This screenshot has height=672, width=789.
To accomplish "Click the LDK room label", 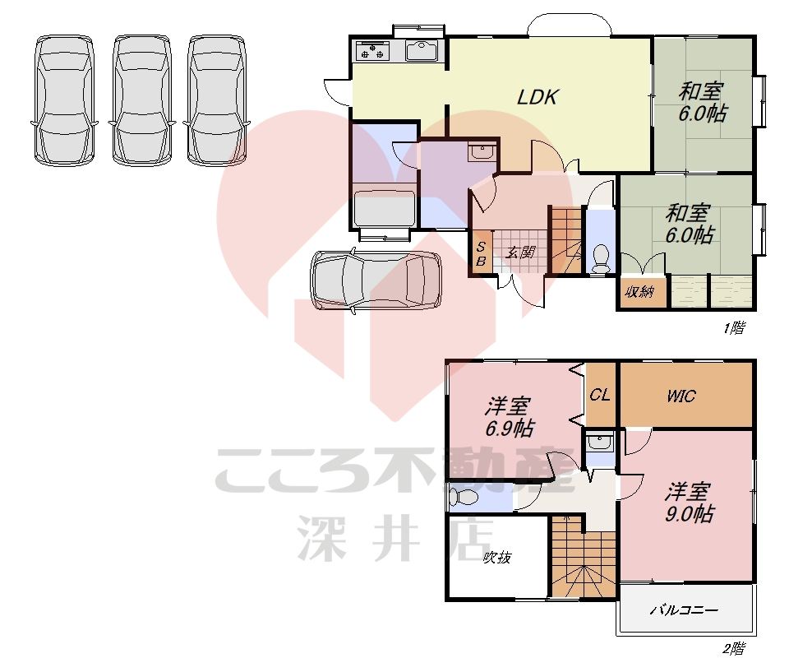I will [538, 97].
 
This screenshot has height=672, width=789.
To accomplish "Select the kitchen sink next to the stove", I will [424, 51].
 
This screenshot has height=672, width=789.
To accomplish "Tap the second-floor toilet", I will [465, 498].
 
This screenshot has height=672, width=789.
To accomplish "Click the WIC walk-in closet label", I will [681, 396].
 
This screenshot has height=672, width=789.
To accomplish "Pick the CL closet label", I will [600, 395].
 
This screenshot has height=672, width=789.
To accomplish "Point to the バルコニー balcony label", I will [684, 610].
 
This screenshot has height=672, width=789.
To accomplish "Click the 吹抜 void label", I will [496, 558].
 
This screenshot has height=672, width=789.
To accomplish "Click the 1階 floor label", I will [733, 328].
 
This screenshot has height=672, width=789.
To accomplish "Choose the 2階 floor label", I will [733, 649].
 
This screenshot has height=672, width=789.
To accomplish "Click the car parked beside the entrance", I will [375, 281].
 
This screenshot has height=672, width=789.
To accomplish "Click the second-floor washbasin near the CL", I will [600, 443].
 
